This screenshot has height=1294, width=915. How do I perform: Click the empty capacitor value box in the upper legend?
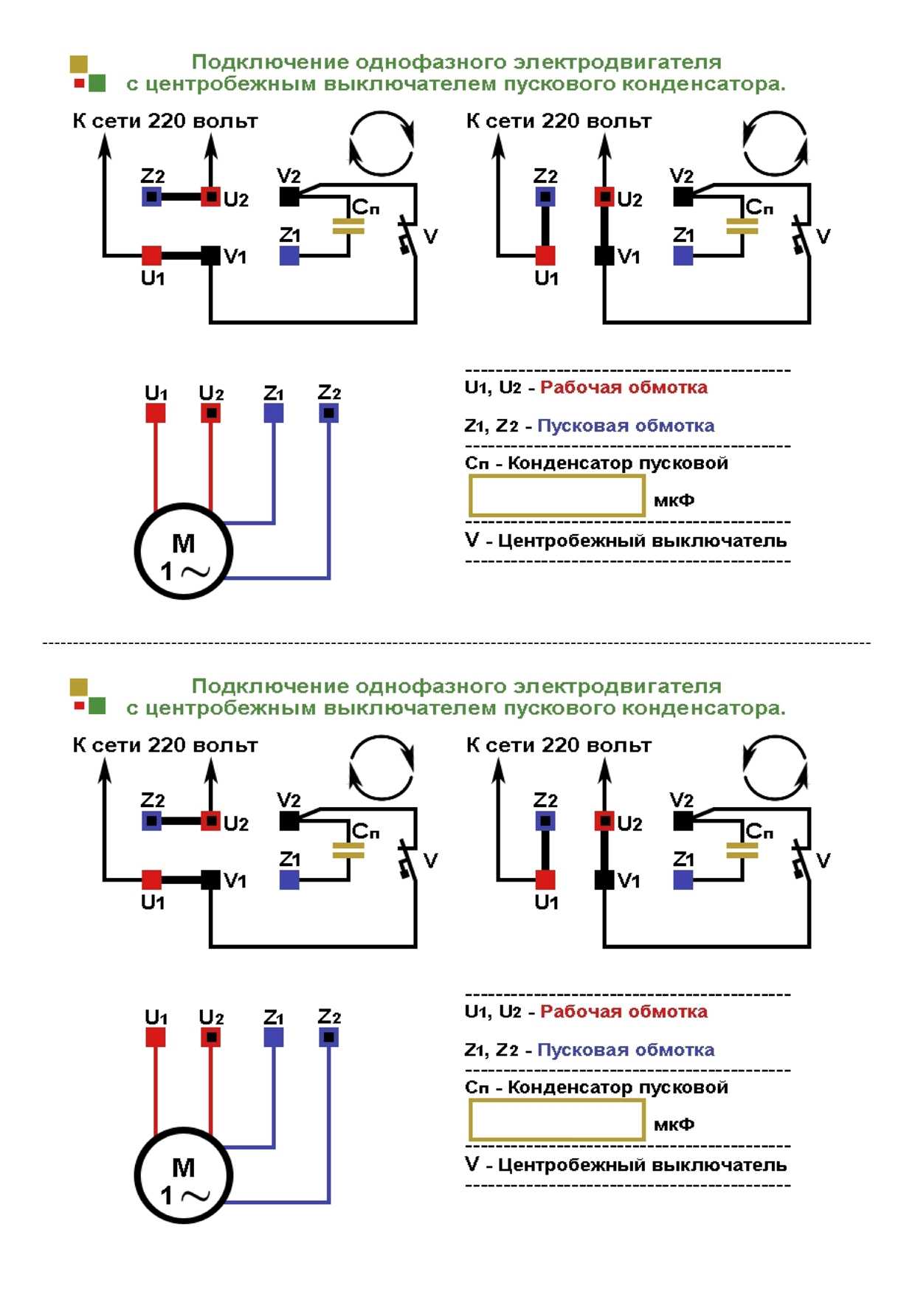pos(557,496)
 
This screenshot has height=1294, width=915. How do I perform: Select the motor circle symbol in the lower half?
pos(184,1175)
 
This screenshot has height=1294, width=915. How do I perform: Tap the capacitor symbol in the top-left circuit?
pos(348,226)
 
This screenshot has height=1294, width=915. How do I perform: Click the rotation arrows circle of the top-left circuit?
pos(381,144)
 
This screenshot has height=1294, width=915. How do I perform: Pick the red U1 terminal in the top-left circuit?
pos(151,255)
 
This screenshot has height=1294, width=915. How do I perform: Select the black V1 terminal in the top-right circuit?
pos(604,255)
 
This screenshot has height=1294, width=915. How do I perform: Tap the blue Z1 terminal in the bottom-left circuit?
pos(289,879)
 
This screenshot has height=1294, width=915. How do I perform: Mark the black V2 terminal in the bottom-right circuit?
pos(683,820)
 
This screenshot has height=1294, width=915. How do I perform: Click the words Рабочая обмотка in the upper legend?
pos(624,387)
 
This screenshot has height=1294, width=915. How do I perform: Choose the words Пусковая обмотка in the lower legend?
pos(625,1050)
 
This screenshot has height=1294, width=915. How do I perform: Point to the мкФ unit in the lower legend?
pos(674,1124)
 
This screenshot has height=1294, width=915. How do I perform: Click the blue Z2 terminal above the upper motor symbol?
pos(329,413)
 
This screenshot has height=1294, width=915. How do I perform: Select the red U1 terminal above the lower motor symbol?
pos(155,1037)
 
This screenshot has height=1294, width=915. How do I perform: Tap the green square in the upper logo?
pos(97,83)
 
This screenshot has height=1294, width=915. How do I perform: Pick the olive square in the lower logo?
pos(79,688)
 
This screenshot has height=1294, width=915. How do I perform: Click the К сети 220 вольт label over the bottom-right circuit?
pos(559,745)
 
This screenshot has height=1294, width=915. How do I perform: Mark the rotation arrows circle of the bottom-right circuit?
pos(775,768)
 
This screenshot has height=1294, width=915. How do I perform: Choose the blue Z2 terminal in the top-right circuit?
pos(545,197)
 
